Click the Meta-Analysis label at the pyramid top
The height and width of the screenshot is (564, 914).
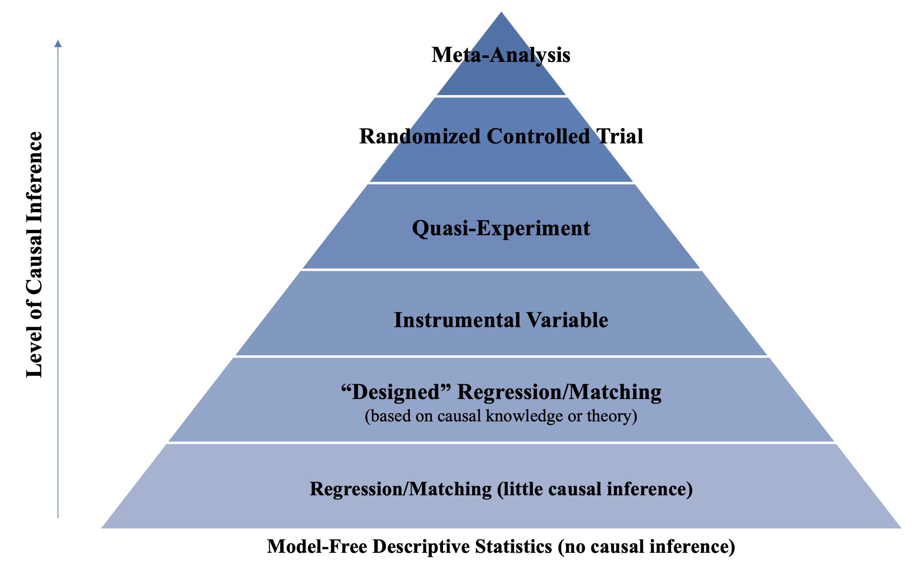click(x=501, y=55)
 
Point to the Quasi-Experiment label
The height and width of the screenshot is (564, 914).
click(x=501, y=229)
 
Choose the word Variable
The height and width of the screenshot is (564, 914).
click(x=567, y=320)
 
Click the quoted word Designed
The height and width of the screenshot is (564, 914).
click(x=396, y=392)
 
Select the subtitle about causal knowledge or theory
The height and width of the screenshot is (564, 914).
click(x=501, y=416)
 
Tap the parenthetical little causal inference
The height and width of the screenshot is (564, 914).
click(x=595, y=489)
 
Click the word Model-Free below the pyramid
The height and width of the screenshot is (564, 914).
click(x=317, y=546)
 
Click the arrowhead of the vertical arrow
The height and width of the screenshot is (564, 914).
click(x=58, y=44)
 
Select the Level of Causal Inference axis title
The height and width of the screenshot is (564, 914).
click(x=34, y=254)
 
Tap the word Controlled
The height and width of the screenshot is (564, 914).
click(x=538, y=136)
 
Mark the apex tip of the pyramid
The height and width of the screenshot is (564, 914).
click(x=501, y=12)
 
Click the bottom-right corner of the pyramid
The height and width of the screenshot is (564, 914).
click(x=901, y=528)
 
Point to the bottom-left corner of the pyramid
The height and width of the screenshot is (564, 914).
click(x=101, y=528)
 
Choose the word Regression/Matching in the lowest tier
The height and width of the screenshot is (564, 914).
click(x=401, y=489)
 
